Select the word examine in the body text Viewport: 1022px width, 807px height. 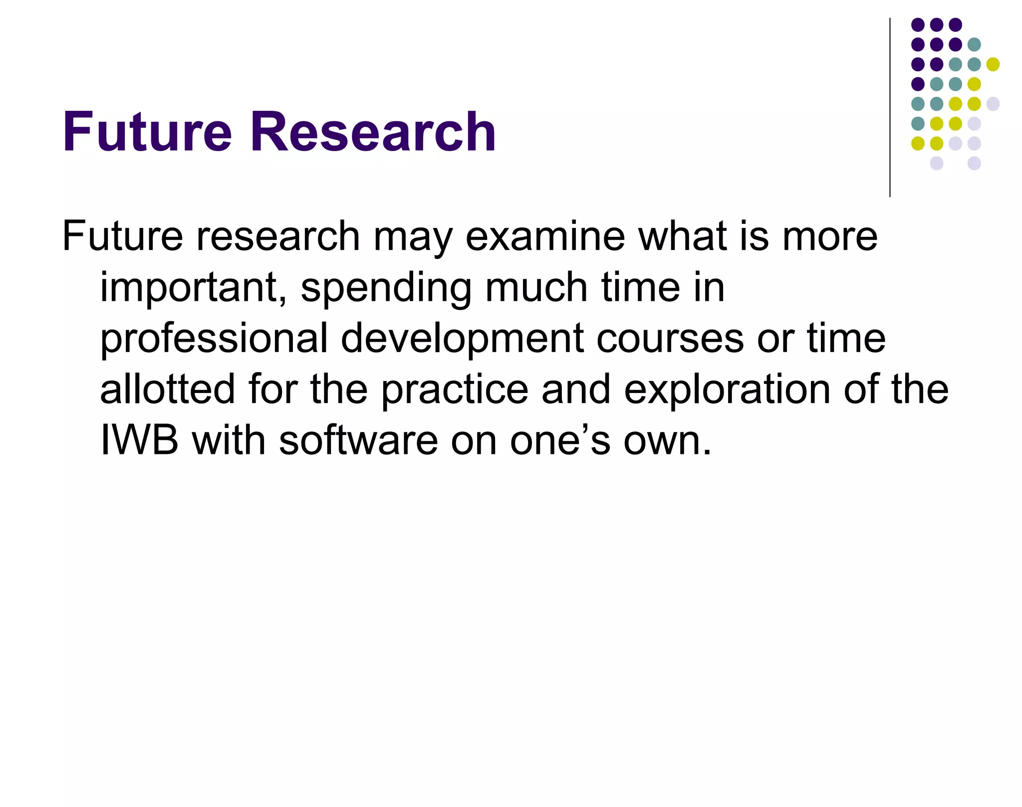pos(545,236)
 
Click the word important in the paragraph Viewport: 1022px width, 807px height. pos(189,288)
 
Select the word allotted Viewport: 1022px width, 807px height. pos(167,390)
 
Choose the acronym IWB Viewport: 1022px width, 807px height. pos(139,440)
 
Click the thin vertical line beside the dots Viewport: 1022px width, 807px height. pos(890,107)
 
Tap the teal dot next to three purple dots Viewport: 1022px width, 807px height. pos(974,44)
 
